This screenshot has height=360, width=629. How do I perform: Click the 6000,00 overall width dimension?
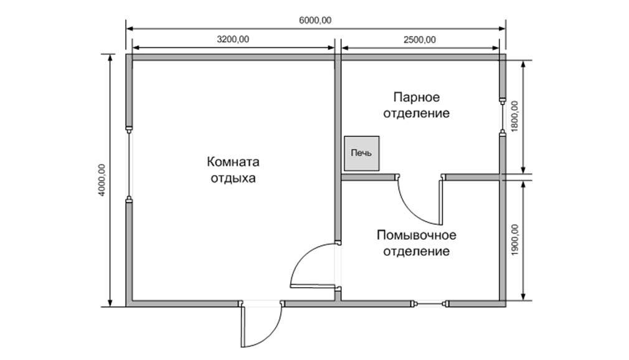(x=315, y=20)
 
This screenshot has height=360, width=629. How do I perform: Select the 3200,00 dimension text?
(x=233, y=39)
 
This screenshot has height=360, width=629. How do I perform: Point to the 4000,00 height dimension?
(x=102, y=181)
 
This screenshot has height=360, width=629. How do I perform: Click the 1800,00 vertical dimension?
(x=514, y=115)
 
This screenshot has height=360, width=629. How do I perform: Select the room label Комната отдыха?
(x=233, y=169)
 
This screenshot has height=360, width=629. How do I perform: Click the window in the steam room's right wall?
(x=502, y=116)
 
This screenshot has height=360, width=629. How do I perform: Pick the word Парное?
(x=417, y=97)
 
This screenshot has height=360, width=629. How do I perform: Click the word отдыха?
(x=233, y=178)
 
